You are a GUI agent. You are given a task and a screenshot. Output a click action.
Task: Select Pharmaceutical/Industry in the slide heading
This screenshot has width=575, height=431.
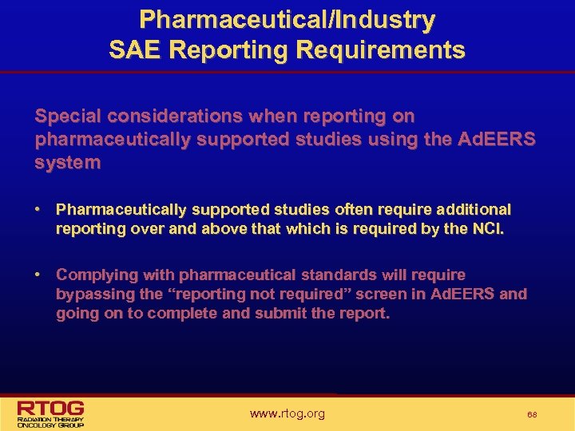pos(287,20)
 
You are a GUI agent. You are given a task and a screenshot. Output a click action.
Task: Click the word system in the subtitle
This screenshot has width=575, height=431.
pos(68,162)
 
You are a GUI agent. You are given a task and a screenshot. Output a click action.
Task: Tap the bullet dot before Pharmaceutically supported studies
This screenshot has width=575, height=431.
pos(38,209)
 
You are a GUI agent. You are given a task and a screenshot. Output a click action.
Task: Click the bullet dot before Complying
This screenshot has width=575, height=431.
pos(38,275)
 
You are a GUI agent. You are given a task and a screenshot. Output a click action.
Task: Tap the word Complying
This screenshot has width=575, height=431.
pos(92,275)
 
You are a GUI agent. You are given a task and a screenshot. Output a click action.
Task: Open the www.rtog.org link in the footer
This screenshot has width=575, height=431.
pos(287,413)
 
